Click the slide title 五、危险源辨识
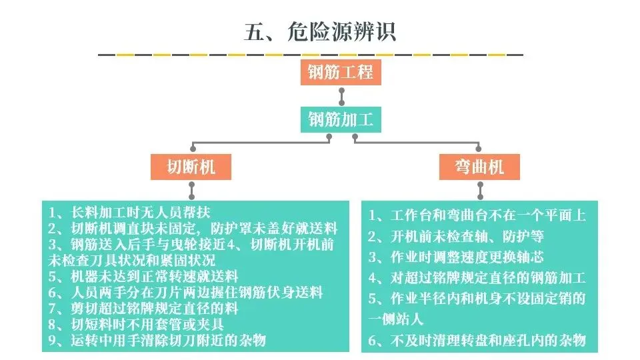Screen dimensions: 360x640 319,32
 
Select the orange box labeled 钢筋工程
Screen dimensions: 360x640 341,71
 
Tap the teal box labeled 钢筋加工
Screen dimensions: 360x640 341,120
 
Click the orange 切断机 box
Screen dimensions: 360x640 192,167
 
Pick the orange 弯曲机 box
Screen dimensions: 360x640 480,167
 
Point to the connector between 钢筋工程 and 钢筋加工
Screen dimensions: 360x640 341,96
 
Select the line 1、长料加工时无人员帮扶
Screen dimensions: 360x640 130,213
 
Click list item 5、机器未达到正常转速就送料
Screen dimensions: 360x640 143,276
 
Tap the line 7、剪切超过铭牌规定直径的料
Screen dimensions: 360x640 143,308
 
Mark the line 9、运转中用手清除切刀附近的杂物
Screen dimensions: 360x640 158,340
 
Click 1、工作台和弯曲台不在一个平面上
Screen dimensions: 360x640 477,215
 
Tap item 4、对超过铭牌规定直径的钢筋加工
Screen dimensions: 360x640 477,277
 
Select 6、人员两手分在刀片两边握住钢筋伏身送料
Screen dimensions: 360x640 186,292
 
